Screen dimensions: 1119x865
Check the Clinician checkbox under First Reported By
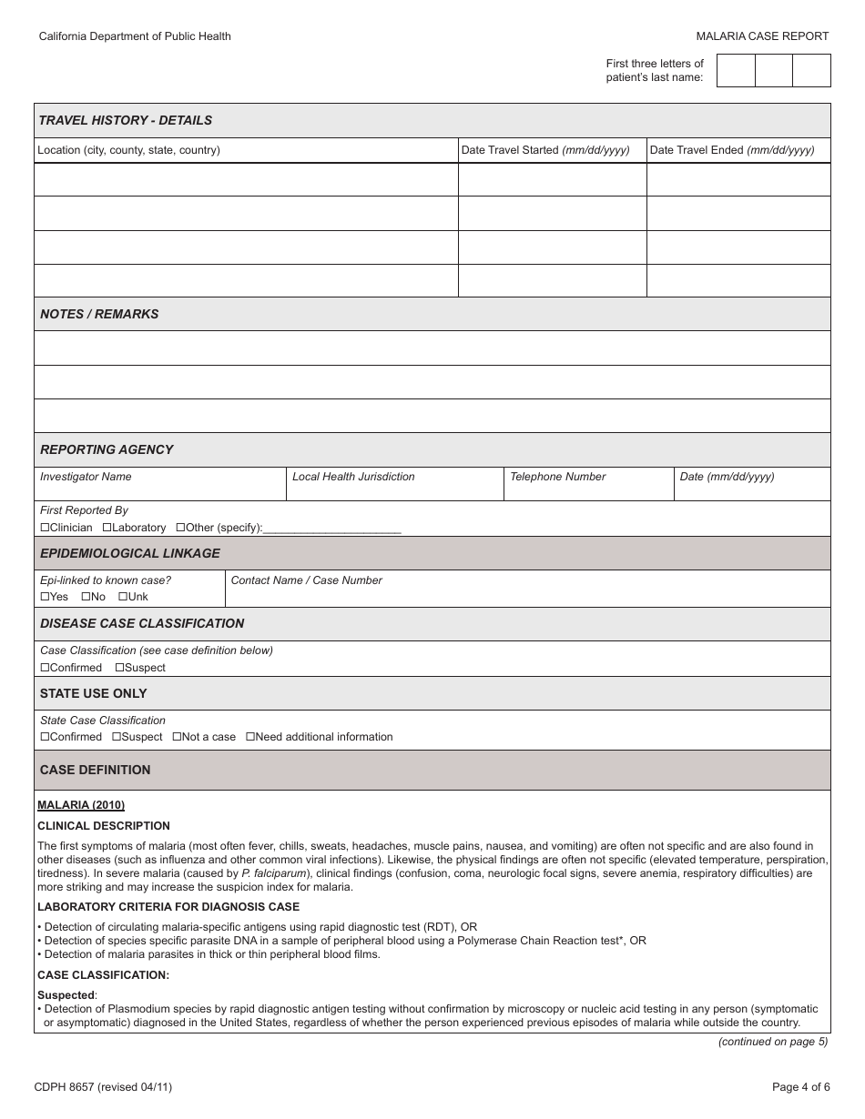point(45,528)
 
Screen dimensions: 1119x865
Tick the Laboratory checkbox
point(107,528)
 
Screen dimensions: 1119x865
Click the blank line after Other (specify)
point(331,528)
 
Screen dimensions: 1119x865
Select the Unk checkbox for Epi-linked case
point(122,597)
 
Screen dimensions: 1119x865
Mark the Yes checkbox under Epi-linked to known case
point(45,597)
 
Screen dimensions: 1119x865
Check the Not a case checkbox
point(177,737)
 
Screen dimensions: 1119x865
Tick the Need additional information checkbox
point(250,737)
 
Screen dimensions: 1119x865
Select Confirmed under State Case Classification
point(45,737)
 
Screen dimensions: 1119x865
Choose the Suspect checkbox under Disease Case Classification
point(119,668)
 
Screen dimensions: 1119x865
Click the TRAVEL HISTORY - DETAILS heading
point(126,120)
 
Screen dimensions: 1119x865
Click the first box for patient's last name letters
point(736,70)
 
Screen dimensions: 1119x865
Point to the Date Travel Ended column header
point(732,150)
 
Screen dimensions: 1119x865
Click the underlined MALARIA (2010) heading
point(81,805)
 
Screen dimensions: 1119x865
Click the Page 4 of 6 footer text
point(800,1086)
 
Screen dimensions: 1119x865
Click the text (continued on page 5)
point(773,1042)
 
